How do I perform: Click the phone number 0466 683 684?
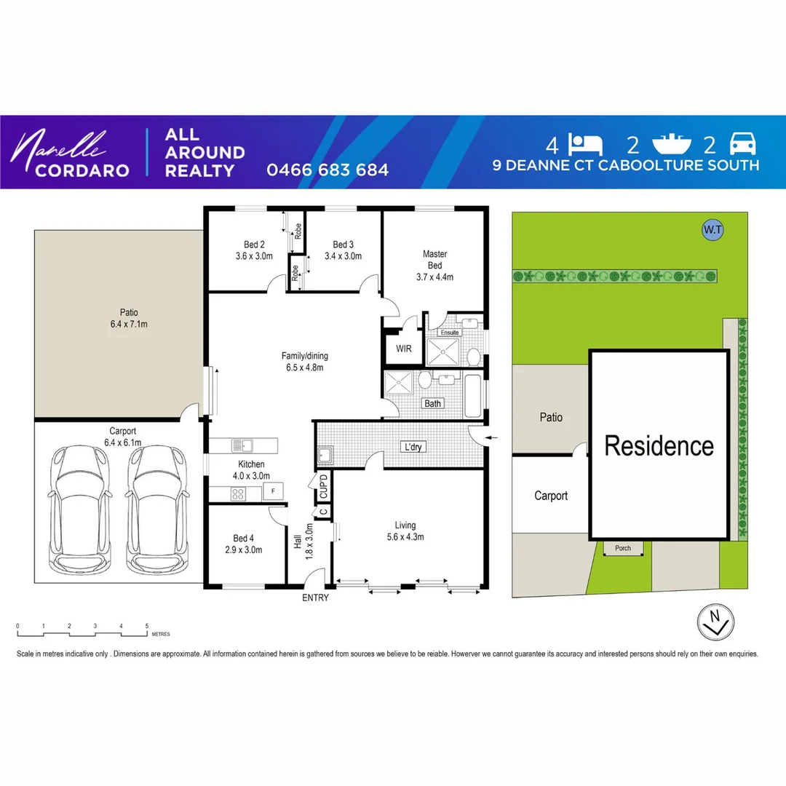click(x=327, y=170)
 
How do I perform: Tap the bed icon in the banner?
click(x=587, y=144)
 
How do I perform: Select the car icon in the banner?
click(x=743, y=144)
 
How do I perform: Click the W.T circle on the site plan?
click(x=712, y=230)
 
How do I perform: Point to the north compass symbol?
click(x=715, y=621)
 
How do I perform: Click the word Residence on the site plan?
click(x=659, y=445)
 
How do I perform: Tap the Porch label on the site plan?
click(x=623, y=548)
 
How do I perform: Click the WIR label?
click(x=404, y=349)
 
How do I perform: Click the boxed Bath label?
click(x=433, y=403)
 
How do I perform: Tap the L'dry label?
click(x=413, y=447)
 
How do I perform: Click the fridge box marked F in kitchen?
click(x=273, y=492)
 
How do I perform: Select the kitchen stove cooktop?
click(x=239, y=493)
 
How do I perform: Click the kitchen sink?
click(x=241, y=445)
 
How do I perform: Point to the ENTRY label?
click(x=315, y=598)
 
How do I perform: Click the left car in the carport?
click(x=81, y=508)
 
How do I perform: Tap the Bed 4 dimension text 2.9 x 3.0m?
click(x=243, y=549)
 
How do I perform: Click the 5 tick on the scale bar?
click(x=147, y=626)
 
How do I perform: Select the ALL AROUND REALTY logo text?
click(x=205, y=153)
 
